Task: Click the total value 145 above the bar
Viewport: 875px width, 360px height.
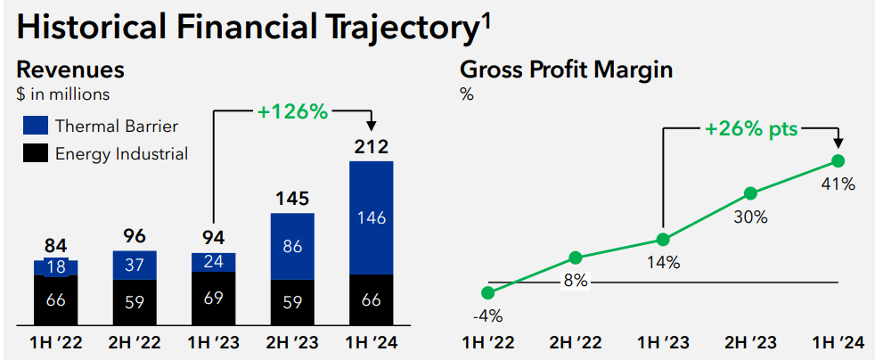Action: [291, 198]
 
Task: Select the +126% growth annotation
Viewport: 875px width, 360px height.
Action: [292, 111]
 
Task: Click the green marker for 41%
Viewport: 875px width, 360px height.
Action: [838, 161]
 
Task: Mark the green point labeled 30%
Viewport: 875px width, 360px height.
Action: [750, 192]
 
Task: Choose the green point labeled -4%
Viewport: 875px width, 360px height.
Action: [487, 292]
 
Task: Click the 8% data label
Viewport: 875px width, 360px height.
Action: [575, 282]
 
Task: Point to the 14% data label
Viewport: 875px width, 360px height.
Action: [663, 263]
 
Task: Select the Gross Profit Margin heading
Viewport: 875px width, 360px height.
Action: [566, 70]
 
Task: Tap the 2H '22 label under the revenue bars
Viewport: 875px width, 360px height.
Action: [134, 343]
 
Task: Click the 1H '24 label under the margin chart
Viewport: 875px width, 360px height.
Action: [838, 343]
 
